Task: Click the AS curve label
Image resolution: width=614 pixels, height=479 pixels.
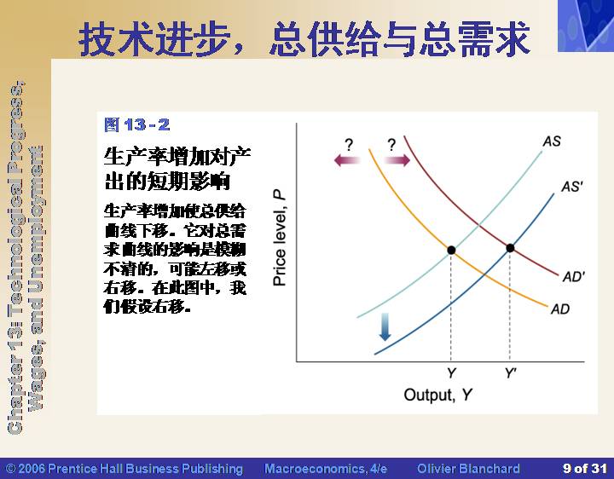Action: coord(552,141)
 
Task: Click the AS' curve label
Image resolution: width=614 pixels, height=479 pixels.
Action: coord(572,187)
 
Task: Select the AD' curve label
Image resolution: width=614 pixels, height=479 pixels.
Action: coord(574,277)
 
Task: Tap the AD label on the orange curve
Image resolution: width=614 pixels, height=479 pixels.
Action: coord(560,309)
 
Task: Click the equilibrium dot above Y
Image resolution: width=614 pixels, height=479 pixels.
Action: coord(451,250)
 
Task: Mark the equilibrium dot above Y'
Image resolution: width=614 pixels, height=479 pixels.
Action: coord(510,248)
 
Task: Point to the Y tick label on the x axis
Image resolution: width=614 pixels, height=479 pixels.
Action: coord(451,373)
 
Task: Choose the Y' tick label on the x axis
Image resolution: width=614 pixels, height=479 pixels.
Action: coord(510,373)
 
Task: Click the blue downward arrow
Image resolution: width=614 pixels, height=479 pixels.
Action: coord(385,326)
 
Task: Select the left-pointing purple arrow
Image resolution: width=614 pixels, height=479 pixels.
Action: coord(346,159)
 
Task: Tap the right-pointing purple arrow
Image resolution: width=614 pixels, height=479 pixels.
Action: coord(397,159)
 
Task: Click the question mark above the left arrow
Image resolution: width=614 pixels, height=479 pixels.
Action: coord(349,145)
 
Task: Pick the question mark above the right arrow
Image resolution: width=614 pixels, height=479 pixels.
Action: coord(391,145)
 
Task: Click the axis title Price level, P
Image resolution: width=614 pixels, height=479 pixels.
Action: coord(280,238)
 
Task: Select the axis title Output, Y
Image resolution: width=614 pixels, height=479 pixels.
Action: coord(437,395)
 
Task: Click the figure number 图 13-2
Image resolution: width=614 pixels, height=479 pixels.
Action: coord(137,124)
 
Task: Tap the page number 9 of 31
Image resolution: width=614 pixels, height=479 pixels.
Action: coord(585,468)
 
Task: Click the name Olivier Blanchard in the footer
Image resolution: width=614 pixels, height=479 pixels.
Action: coord(468,469)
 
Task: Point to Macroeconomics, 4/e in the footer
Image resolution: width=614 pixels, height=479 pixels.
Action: coord(326,469)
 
